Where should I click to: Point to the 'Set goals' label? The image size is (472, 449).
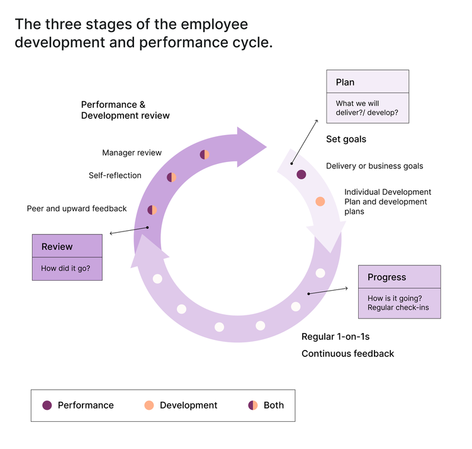coord(346,139)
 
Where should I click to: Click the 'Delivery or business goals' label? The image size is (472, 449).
coord(374,166)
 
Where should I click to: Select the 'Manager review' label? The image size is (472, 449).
coord(132,153)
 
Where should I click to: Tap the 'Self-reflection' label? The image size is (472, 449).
coord(115,175)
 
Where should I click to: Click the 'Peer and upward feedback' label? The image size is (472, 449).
coord(77,208)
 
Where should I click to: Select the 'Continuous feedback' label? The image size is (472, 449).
coord(347,353)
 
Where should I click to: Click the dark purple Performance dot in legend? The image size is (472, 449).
coord(47,405)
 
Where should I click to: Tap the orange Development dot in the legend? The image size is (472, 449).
coord(149,405)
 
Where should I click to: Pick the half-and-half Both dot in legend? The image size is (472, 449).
coord(253,405)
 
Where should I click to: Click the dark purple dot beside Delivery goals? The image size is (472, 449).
coord(301,175)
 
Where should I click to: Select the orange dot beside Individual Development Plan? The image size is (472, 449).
coord(320,202)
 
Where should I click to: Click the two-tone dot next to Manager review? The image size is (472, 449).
coord(205,155)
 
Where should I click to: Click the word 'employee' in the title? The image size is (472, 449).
coord(213,25)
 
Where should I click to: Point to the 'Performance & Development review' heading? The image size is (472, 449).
coord(125,110)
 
